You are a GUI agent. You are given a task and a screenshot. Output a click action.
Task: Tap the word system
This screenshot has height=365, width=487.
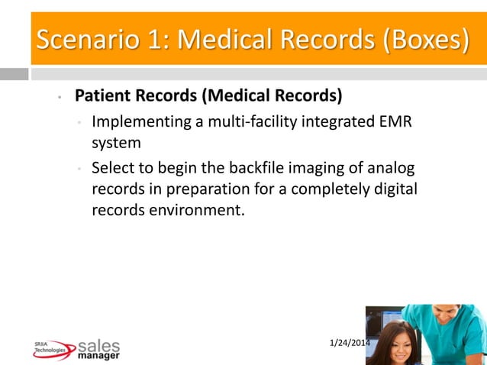(x=116, y=143)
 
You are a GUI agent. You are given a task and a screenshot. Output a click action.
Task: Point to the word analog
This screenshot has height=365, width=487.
(x=391, y=168)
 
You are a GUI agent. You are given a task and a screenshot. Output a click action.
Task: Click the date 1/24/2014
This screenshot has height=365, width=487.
(x=350, y=341)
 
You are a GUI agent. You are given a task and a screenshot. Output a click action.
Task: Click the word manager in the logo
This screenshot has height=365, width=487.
(x=99, y=356)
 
